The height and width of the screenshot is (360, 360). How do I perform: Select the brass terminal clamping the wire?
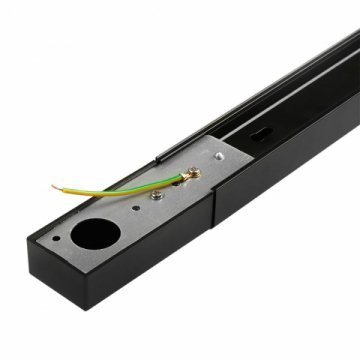pyautogui.click(x=187, y=176)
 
